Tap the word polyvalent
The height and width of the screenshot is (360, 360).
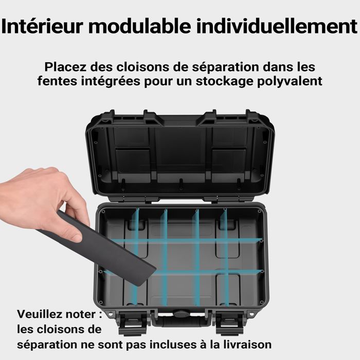(291, 81)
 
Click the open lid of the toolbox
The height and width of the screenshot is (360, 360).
(180, 154)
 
